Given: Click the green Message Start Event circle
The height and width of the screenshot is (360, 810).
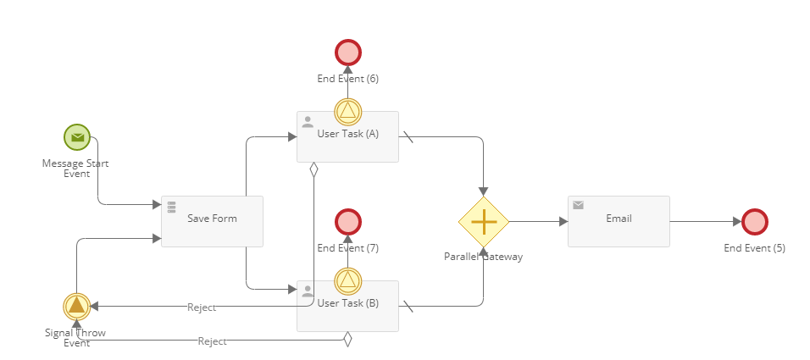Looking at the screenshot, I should click(x=77, y=136).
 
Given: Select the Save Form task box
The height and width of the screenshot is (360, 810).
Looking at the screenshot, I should click(x=212, y=221).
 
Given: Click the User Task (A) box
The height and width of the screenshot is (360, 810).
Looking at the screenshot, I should click(x=347, y=141).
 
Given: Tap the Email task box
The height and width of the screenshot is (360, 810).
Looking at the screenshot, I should click(x=619, y=221).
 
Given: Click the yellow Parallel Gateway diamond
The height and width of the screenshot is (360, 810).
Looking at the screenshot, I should click(x=484, y=222).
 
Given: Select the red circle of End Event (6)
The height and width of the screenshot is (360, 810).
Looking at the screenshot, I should click(x=348, y=53).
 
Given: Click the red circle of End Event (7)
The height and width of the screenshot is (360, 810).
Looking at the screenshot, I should click(x=348, y=222).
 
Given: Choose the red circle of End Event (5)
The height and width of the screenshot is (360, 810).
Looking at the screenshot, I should click(x=755, y=222).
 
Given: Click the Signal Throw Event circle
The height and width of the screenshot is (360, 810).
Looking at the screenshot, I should click(x=76, y=306).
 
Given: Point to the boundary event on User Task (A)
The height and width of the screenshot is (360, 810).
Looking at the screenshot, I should click(x=348, y=112).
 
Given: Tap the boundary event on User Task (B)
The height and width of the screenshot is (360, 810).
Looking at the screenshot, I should click(x=348, y=281).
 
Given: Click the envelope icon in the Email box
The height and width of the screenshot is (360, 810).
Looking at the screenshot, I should click(x=579, y=205).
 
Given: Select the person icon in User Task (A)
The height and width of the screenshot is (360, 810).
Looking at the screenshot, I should click(x=308, y=122).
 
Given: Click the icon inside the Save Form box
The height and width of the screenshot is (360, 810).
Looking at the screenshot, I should click(x=171, y=206).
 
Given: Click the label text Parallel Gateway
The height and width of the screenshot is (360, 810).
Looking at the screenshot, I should click(x=483, y=257).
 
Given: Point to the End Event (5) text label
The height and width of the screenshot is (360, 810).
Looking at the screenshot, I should click(x=754, y=248).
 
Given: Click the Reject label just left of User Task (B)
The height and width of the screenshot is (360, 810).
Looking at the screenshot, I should click(x=202, y=307).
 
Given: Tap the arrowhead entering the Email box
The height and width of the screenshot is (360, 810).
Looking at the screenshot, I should click(x=563, y=222).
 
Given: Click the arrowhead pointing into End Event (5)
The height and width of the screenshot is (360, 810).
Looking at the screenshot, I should click(x=736, y=222).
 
